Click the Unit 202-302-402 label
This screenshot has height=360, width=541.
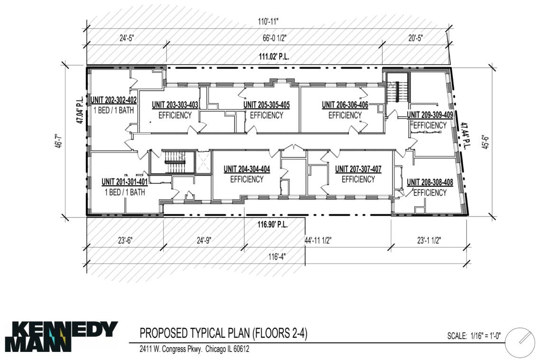tap(113, 100)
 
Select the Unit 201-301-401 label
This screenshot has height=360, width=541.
tap(124, 182)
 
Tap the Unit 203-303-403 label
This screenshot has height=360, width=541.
tap(175, 105)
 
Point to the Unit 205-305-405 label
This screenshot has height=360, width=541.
tap(266, 105)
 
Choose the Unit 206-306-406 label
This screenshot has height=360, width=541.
tap(345, 105)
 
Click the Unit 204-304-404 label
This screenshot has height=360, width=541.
tap(247, 169)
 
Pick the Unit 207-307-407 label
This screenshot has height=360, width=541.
tap(358, 169)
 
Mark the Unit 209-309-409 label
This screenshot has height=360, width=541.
tap(430, 115)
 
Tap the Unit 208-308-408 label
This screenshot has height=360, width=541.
tap(430, 182)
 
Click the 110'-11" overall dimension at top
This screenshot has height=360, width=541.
tap(268, 22)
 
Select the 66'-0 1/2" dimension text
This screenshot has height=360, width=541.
tap(274, 38)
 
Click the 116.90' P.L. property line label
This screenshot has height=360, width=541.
tap(272, 225)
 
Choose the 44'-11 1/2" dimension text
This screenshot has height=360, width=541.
tap(318, 241)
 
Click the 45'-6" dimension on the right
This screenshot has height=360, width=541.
tap(485, 141)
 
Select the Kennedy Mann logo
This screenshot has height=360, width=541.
tap(61, 337)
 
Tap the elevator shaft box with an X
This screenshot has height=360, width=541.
tap(203, 162)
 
